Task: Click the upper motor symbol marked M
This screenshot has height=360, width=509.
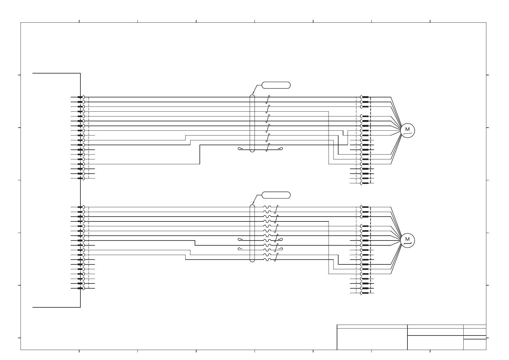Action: [x=407, y=130]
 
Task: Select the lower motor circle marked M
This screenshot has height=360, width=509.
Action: [x=407, y=241]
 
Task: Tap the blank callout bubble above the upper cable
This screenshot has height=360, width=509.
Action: [x=276, y=85]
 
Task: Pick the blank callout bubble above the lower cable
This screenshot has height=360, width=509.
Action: [x=276, y=195]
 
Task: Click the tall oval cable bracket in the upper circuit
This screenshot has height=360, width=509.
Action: [x=252, y=123]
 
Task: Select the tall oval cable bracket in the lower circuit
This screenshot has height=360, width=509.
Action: [x=252, y=233]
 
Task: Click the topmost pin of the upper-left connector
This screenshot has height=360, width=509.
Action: [x=80, y=97]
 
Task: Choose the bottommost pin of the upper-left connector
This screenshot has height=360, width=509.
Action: [x=80, y=178]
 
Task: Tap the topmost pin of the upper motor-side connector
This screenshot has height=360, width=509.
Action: [x=365, y=97]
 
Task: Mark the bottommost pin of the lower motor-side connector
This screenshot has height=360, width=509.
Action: [x=365, y=293]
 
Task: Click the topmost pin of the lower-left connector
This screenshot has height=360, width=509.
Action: [x=80, y=207]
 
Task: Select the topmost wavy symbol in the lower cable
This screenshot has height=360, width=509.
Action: [x=267, y=207]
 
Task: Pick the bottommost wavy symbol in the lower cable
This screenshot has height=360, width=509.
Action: [x=267, y=260]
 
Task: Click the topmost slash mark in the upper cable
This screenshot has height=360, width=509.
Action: [x=268, y=100]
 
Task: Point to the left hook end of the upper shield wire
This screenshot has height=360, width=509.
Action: [x=239, y=148]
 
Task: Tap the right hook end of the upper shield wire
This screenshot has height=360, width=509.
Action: [x=281, y=148]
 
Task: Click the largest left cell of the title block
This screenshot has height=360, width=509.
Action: [x=372, y=339]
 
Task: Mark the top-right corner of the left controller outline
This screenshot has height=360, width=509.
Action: [x=80, y=73]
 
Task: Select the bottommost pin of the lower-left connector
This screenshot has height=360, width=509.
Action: [x=80, y=288]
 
